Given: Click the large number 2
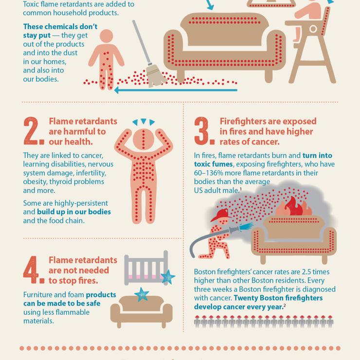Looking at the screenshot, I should [34, 132].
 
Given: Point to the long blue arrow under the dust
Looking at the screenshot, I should [175, 90].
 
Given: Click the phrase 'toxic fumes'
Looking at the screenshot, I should [212, 164].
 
